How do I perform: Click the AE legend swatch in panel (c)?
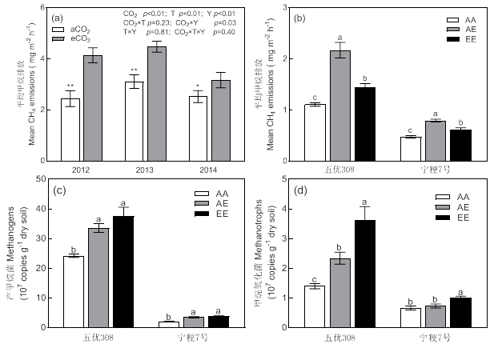pos(202,204)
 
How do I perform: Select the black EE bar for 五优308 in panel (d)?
pos(364,273)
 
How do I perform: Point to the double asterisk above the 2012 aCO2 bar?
pos(70,86)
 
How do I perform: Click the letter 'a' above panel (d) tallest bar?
pos(364,202)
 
